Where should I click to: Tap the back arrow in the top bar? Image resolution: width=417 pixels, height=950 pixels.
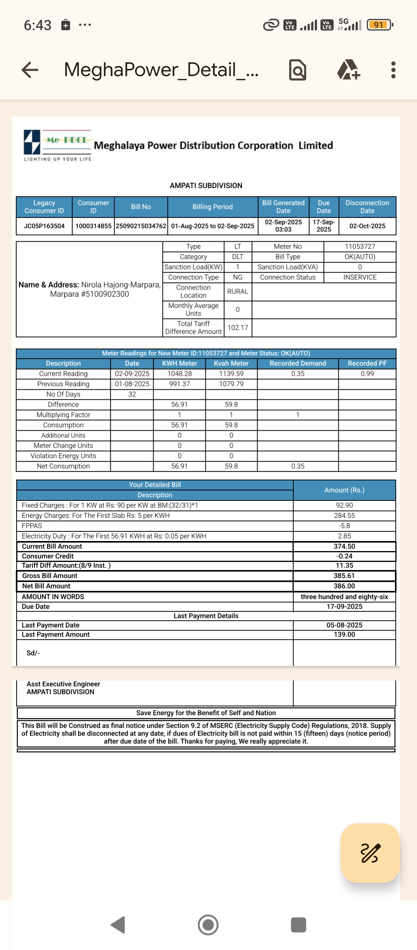30,70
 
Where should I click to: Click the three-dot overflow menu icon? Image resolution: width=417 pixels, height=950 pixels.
393,70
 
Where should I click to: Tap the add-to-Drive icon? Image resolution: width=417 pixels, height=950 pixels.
349,70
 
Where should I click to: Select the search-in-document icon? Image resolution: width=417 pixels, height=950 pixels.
298,70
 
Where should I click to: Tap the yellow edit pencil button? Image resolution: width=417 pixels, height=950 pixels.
370,853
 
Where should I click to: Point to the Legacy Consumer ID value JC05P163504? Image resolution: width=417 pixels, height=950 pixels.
44,226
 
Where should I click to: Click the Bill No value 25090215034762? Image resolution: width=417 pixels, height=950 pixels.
141,226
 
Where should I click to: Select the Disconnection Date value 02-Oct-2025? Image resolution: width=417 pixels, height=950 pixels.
367,226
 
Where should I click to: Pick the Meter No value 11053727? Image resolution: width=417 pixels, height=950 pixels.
360,246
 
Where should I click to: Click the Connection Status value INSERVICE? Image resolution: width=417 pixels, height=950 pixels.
360,277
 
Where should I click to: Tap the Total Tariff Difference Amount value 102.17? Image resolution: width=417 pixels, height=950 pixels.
238,327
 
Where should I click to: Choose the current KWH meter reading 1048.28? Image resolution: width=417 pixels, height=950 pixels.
180,373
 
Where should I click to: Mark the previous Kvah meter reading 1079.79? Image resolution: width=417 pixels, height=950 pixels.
231,384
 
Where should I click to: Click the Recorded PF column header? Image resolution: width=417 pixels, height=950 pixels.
367,363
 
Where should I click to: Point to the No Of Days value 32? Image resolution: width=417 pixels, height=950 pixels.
132,394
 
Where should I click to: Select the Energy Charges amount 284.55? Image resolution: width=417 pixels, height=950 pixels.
344,516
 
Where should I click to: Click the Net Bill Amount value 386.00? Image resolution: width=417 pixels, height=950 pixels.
344,586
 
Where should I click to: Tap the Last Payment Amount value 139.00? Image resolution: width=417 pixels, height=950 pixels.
344,634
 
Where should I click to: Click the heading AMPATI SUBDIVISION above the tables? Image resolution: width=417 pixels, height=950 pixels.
206,185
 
